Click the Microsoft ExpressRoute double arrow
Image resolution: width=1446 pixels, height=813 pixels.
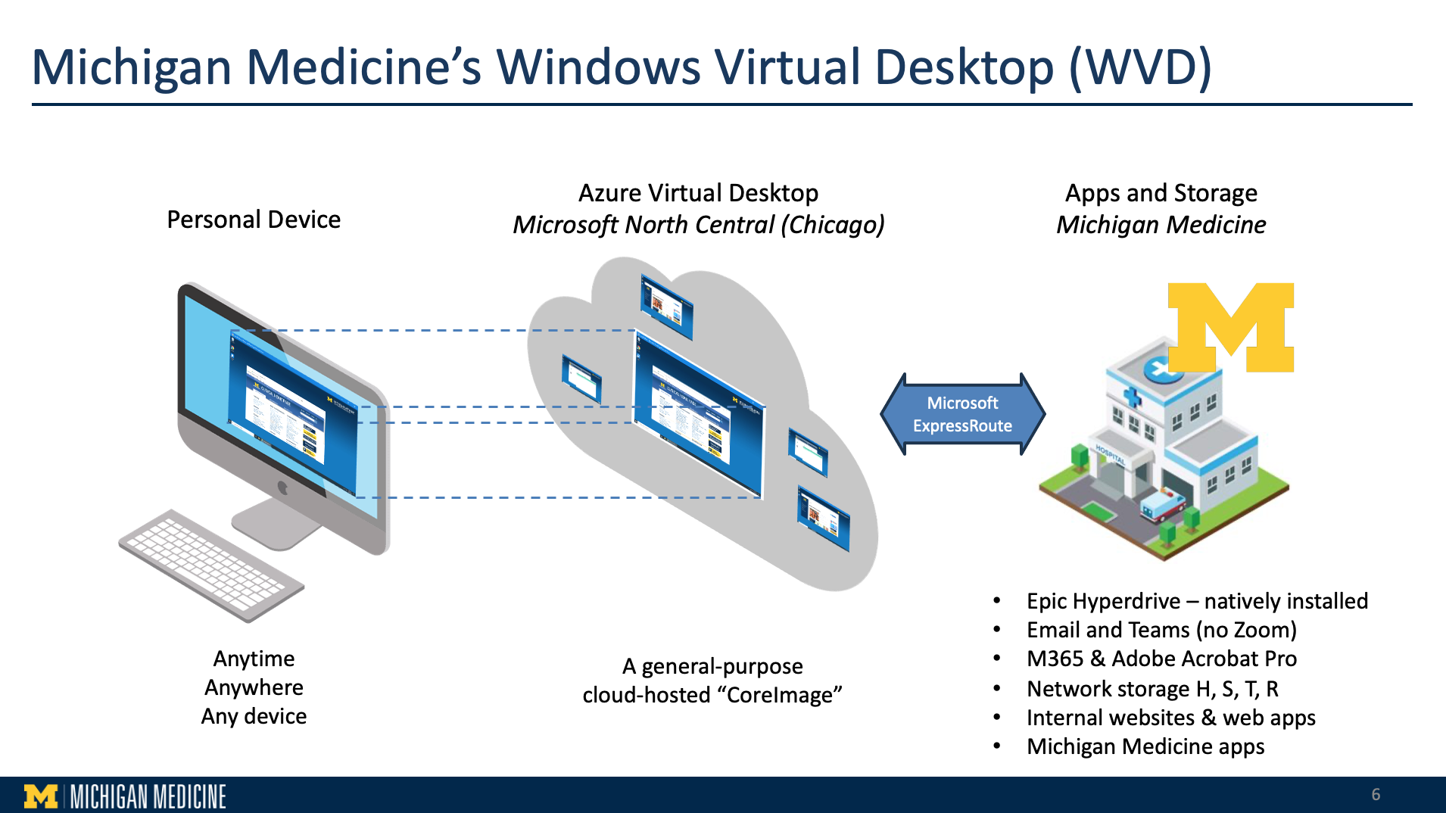962,414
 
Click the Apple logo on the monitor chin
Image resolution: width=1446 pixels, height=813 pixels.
283,488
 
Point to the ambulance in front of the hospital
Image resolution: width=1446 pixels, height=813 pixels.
1163,503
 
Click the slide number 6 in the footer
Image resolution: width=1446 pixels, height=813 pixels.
1376,794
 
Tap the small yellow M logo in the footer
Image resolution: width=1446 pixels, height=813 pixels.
41,796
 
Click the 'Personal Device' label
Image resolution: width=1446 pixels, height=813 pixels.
254,220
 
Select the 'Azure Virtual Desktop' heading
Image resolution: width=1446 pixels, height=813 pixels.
698,193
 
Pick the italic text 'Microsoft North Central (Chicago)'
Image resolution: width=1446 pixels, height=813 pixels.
698,225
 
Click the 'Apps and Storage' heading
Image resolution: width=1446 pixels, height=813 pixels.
1161,193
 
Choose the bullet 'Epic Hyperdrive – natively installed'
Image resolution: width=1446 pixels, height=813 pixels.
1197,601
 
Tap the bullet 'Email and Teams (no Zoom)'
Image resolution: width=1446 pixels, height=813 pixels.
1161,630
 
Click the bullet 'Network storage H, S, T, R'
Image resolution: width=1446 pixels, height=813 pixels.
1152,689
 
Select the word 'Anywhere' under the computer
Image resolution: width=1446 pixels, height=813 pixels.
254,687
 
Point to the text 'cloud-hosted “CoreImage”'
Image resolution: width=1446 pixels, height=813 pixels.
712,695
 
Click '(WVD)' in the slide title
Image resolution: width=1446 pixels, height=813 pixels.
1140,67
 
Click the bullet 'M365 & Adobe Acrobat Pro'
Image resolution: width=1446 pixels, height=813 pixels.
1161,659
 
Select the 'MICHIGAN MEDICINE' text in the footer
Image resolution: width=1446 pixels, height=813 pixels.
148,796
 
